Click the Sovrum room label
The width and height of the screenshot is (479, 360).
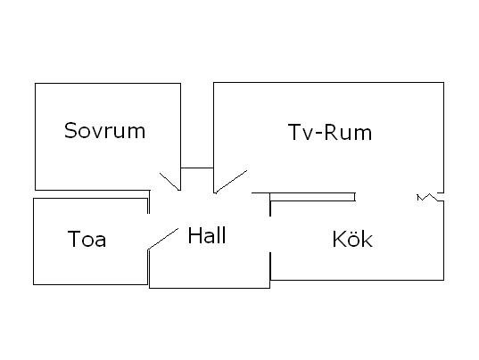(x=104, y=131)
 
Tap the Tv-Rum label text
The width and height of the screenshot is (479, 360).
(x=330, y=133)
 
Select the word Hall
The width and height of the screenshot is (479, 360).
(x=207, y=235)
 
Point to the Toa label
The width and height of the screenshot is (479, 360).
(x=87, y=239)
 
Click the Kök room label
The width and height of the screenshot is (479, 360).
(x=352, y=239)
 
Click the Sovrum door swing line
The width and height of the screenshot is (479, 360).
(x=169, y=182)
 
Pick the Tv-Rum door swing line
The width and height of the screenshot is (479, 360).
(x=231, y=182)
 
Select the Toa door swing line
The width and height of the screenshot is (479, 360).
(x=163, y=239)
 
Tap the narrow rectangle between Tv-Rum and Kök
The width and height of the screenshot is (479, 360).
(x=312, y=197)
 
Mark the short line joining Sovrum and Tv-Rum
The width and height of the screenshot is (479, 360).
(x=197, y=168)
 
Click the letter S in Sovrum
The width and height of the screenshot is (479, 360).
(x=70, y=130)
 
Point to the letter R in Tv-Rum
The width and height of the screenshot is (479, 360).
(x=330, y=132)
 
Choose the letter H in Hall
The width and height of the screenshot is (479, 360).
(x=194, y=235)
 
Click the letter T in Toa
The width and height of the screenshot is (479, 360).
(x=74, y=239)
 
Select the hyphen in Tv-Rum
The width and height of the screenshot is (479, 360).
(x=318, y=135)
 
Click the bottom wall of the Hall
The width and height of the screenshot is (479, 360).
(x=210, y=288)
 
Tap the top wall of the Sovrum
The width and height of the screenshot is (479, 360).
(x=108, y=83)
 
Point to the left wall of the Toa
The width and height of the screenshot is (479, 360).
(x=34, y=241)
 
